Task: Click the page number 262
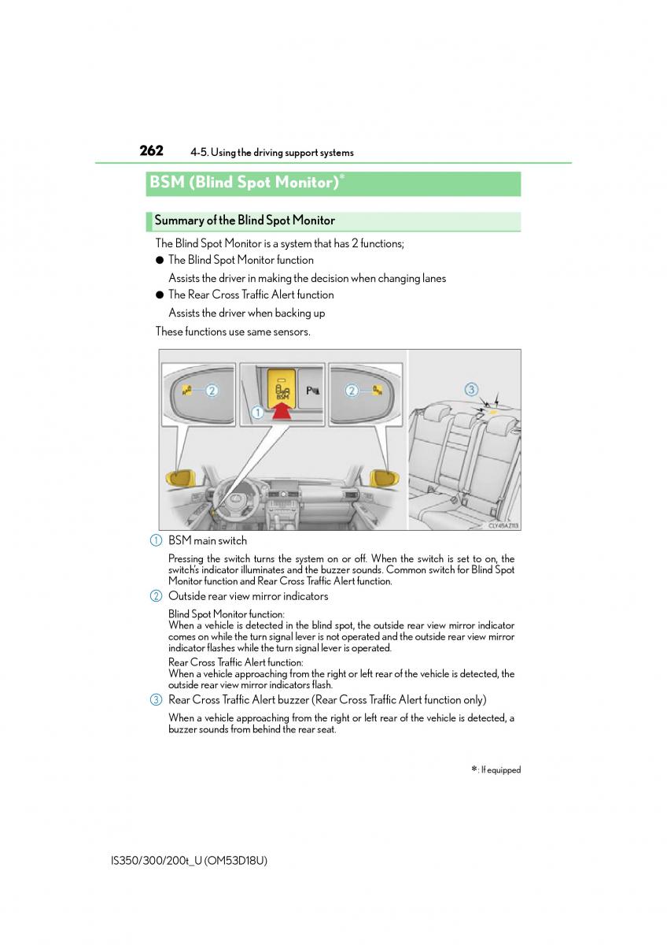[x=151, y=150]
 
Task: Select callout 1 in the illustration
[x=256, y=411]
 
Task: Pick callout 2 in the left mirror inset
[x=211, y=390]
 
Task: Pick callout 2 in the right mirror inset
[x=352, y=390]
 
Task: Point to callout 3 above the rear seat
[x=471, y=389]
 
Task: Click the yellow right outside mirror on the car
[x=382, y=477]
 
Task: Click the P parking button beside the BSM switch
[x=311, y=389]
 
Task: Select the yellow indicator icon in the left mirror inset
[x=187, y=390]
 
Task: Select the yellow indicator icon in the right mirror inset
[x=378, y=390]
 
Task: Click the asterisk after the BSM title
[x=342, y=178]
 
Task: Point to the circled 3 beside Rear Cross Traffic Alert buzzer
[x=157, y=699]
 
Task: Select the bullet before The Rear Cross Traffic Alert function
[x=159, y=295]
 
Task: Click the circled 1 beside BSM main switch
[x=157, y=540]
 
